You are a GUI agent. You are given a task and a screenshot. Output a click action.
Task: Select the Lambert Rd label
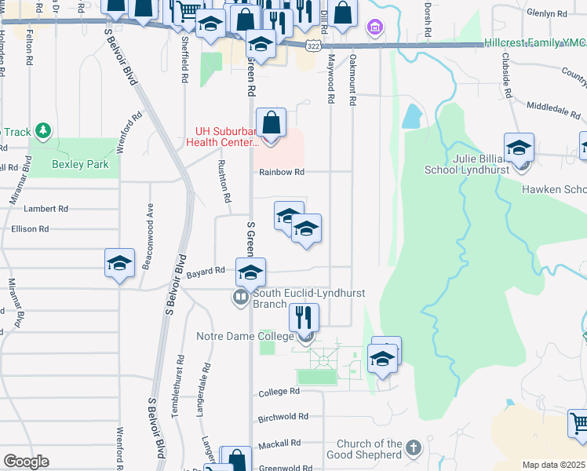(x=46, y=209)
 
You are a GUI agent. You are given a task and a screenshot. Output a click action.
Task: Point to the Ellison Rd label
(x=30, y=228)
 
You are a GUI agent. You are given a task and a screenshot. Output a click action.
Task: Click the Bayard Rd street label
(x=206, y=271)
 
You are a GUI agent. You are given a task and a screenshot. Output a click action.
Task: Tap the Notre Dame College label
(x=244, y=337)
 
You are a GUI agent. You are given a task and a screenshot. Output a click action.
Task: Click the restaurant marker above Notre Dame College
(x=303, y=318)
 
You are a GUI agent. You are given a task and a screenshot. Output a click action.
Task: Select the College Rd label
(x=279, y=391)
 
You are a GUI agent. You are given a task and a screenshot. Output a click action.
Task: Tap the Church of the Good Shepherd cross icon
(x=414, y=450)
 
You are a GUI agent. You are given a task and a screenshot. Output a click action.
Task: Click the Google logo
(x=26, y=462)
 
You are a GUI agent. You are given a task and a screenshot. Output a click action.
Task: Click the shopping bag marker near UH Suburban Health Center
(x=271, y=122)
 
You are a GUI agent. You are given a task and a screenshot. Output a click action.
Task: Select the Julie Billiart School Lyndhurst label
(x=467, y=164)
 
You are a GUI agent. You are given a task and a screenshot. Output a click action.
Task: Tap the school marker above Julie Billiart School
(x=519, y=148)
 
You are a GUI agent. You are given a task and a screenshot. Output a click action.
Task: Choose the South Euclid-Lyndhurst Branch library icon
(x=239, y=298)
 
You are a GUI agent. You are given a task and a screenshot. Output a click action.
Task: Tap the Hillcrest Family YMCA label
(x=534, y=44)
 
